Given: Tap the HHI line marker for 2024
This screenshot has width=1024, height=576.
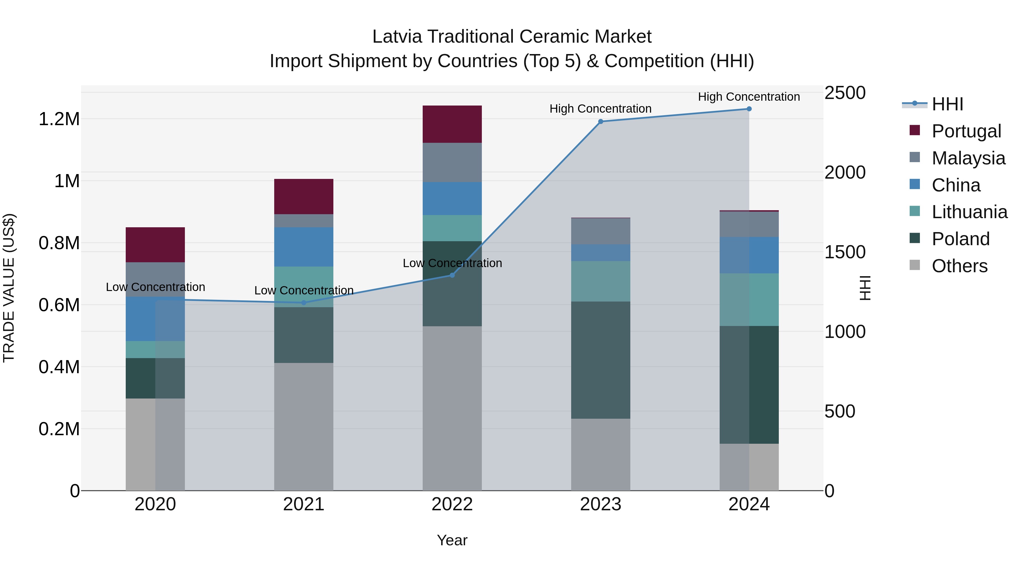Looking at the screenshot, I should (x=749, y=109).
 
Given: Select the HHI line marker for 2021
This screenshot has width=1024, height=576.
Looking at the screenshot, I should (x=304, y=303).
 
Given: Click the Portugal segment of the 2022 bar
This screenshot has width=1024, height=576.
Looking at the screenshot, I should (x=452, y=124).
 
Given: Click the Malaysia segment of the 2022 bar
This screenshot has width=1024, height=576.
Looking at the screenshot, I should (x=452, y=162).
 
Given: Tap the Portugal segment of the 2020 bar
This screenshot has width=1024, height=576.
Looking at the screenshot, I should (x=155, y=244).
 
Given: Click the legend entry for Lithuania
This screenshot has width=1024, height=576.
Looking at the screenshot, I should (x=969, y=212).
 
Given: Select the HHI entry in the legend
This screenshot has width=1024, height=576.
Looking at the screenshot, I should (x=947, y=104).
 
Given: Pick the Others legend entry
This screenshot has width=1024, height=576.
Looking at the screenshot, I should (x=959, y=266).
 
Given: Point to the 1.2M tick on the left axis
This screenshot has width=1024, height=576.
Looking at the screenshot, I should (x=59, y=119).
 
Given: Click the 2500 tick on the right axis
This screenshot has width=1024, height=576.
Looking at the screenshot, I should (x=845, y=93).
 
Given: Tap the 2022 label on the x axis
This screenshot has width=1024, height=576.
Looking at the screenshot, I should (x=452, y=504).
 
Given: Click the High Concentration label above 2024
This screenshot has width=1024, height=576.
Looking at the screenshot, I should (x=749, y=97).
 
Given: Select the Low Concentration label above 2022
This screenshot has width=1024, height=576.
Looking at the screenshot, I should (x=452, y=263).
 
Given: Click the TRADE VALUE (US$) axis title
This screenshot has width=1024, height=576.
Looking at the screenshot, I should (x=9, y=288).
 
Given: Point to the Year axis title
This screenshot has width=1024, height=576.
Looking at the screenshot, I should (x=452, y=540).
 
